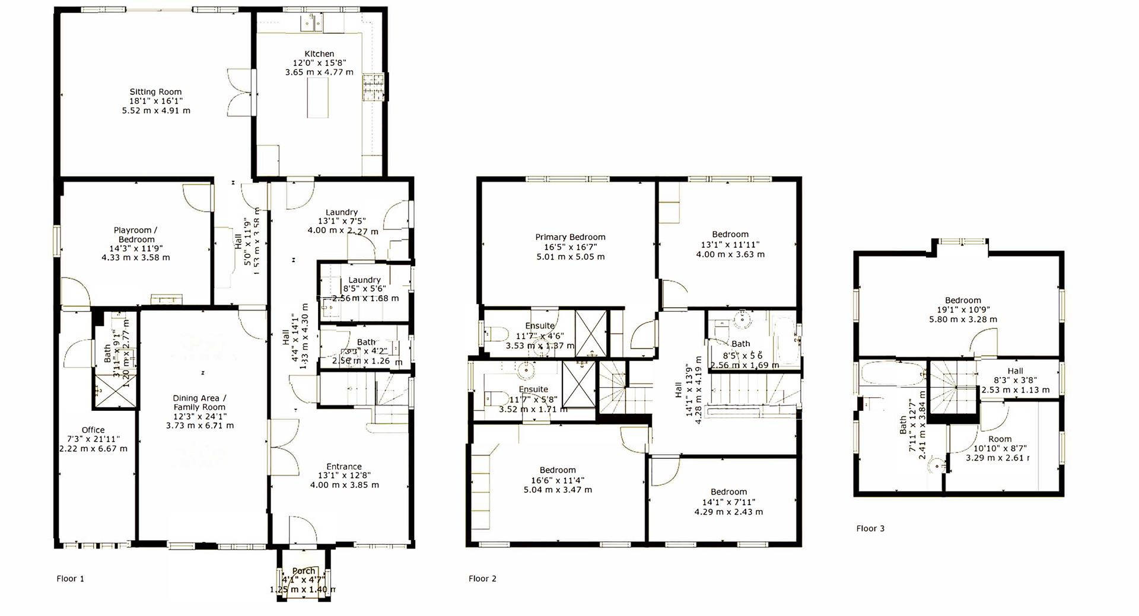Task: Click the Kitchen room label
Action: (x=319, y=54)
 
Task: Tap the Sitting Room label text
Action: (x=155, y=92)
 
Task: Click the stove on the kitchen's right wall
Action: (x=374, y=87)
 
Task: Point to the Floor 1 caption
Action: (x=70, y=579)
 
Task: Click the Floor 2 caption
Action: (x=482, y=579)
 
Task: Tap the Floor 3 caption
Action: (x=870, y=528)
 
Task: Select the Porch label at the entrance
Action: (x=304, y=571)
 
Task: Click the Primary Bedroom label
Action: (x=570, y=237)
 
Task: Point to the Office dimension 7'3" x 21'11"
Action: (x=93, y=439)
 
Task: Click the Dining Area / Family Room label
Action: (x=199, y=403)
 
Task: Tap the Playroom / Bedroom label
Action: (x=136, y=235)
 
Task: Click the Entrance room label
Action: (x=344, y=467)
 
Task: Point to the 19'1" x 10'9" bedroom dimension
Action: (x=963, y=309)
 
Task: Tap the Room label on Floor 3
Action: (x=1000, y=439)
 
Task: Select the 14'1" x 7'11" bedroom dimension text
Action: (x=728, y=502)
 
